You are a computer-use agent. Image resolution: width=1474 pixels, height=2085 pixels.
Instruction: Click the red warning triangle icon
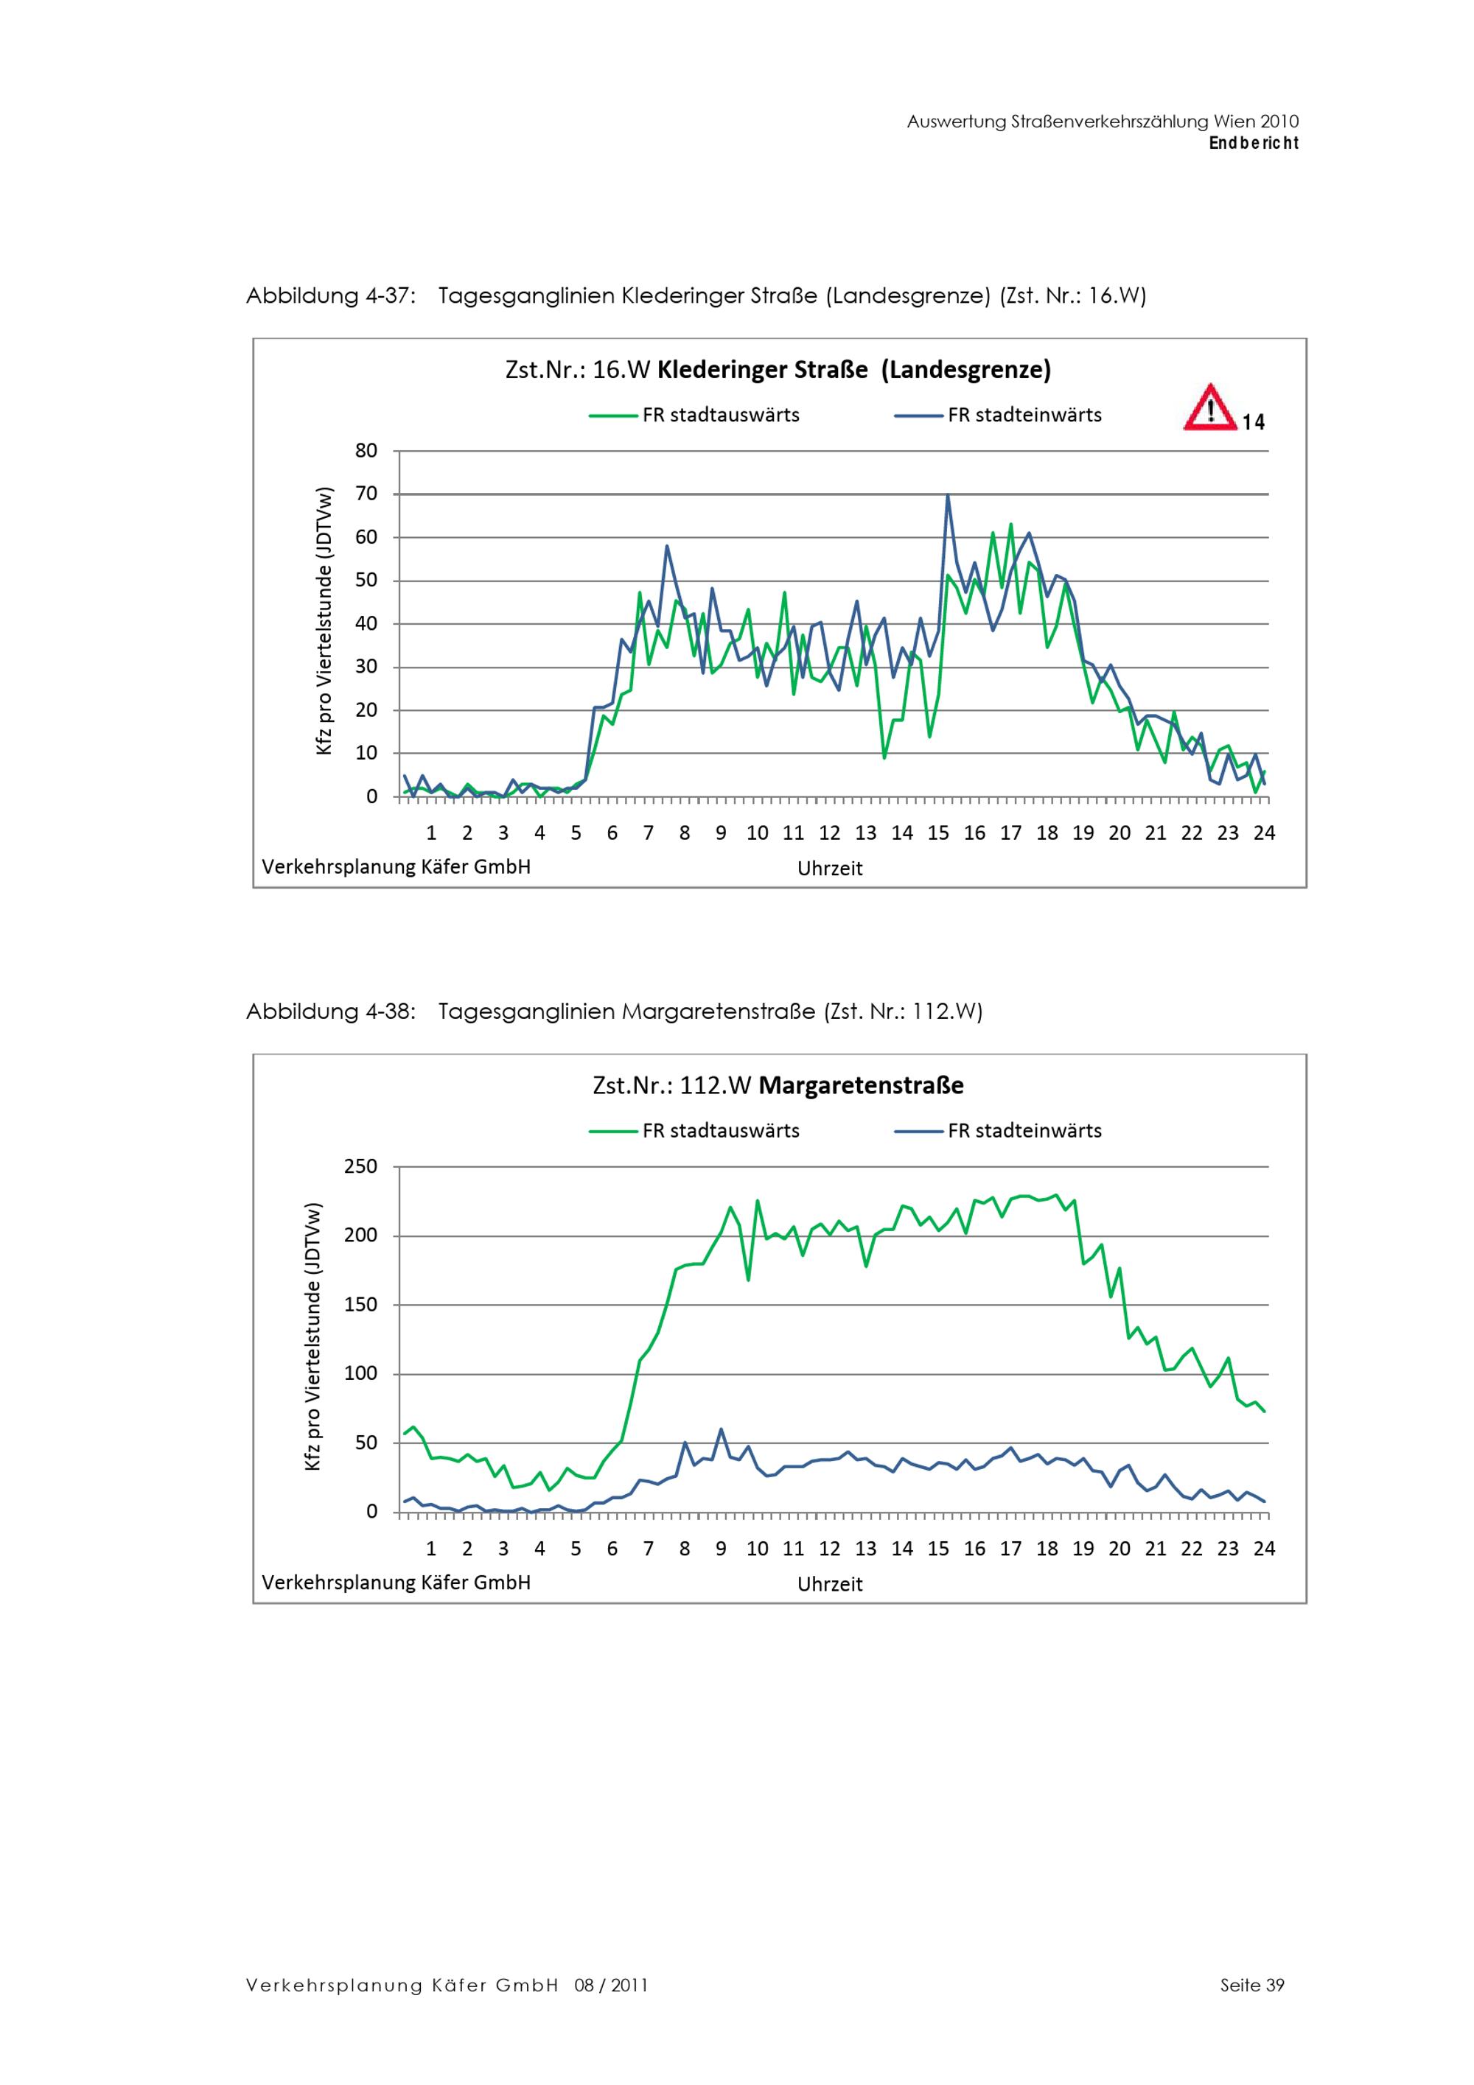coord(1209,409)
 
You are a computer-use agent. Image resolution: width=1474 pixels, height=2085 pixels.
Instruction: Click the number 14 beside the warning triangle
coord(1254,422)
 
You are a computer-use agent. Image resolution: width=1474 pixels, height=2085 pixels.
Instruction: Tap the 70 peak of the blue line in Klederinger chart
coord(947,496)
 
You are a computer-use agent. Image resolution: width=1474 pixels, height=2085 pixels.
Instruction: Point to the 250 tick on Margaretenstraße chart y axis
coord(360,1166)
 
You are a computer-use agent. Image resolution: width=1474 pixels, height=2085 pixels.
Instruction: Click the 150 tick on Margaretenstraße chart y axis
coord(360,1305)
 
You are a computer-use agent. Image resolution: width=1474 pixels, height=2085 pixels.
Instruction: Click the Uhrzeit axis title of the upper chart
coord(829,868)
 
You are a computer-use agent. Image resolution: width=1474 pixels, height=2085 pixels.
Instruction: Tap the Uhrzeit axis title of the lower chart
coord(829,1584)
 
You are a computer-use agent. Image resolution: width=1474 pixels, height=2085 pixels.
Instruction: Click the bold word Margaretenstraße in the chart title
coord(861,1085)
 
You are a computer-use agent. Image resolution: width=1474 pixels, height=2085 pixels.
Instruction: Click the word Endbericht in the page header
coord(1254,144)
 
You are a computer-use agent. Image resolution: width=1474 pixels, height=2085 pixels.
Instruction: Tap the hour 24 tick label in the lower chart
coord(1263,1549)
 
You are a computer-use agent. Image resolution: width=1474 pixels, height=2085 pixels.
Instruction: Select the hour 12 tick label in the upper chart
coord(829,833)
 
